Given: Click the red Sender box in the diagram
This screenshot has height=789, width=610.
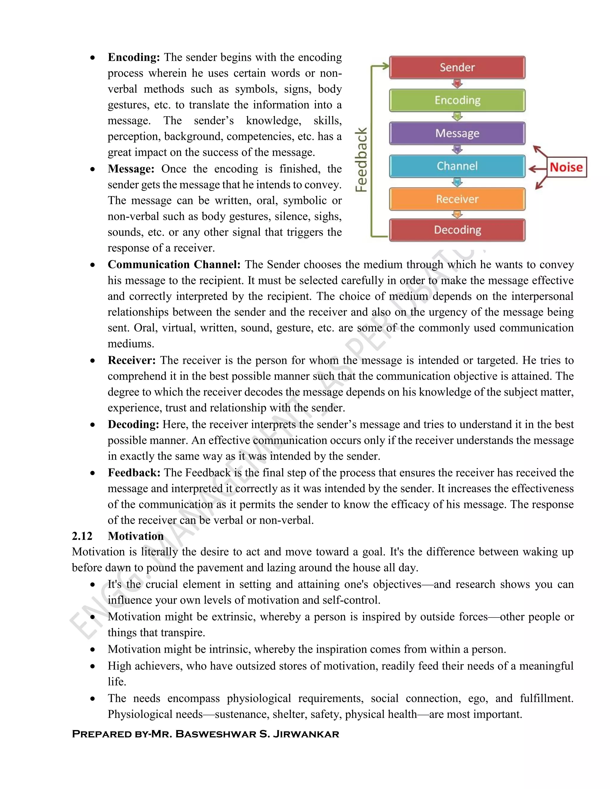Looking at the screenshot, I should point(457,68).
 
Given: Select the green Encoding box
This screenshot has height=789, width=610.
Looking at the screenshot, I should point(457,100).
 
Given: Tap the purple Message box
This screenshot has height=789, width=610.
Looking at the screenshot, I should point(457,133).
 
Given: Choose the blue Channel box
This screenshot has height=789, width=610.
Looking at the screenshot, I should point(457,166).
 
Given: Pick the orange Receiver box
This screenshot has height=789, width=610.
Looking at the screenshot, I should point(457,199).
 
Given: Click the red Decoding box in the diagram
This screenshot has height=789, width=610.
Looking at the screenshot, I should point(457,230).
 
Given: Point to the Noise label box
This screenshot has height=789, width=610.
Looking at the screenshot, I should point(566,167).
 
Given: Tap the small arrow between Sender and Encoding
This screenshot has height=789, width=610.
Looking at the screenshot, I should point(457,84).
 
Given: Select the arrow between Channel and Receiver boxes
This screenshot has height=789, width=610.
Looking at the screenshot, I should point(457,183).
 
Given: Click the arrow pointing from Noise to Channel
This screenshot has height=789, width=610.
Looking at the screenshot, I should point(537,168).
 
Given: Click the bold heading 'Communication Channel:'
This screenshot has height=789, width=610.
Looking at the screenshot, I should point(174,264).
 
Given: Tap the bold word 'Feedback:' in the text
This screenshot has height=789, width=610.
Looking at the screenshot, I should point(134,473).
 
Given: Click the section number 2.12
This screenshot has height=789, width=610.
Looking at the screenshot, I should point(82,536).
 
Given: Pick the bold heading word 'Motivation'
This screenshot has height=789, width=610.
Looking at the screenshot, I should point(136,536).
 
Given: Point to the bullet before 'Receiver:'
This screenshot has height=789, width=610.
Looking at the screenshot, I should point(93,361).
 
